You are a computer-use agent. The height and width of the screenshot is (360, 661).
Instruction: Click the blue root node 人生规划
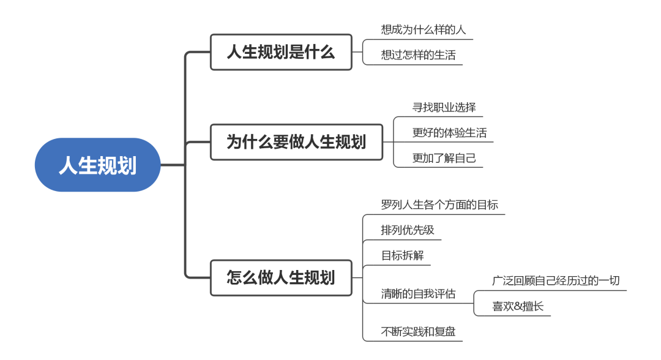click(x=98, y=165)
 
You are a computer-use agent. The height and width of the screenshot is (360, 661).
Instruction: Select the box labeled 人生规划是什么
click(x=281, y=52)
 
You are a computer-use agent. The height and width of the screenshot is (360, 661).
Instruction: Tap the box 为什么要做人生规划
click(x=296, y=142)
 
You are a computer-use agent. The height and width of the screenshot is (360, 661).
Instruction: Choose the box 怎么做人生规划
click(x=281, y=277)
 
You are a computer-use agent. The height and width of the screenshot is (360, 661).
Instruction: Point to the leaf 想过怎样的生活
click(x=419, y=54)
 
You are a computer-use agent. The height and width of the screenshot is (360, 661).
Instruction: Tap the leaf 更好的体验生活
click(x=449, y=132)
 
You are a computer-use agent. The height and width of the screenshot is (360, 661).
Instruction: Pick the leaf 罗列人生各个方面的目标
click(x=439, y=204)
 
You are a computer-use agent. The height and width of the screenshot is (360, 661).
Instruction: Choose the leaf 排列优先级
click(x=408, y=230)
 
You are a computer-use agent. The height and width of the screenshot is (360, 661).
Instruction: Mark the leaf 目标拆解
click(x=402, y=255)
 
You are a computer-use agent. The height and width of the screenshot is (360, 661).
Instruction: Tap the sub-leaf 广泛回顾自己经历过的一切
click(x=556, y=280)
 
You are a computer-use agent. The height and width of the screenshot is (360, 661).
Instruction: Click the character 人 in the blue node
click(x=68, y=165)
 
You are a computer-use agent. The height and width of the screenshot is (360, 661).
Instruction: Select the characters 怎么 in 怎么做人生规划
click(x=241, y=277)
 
